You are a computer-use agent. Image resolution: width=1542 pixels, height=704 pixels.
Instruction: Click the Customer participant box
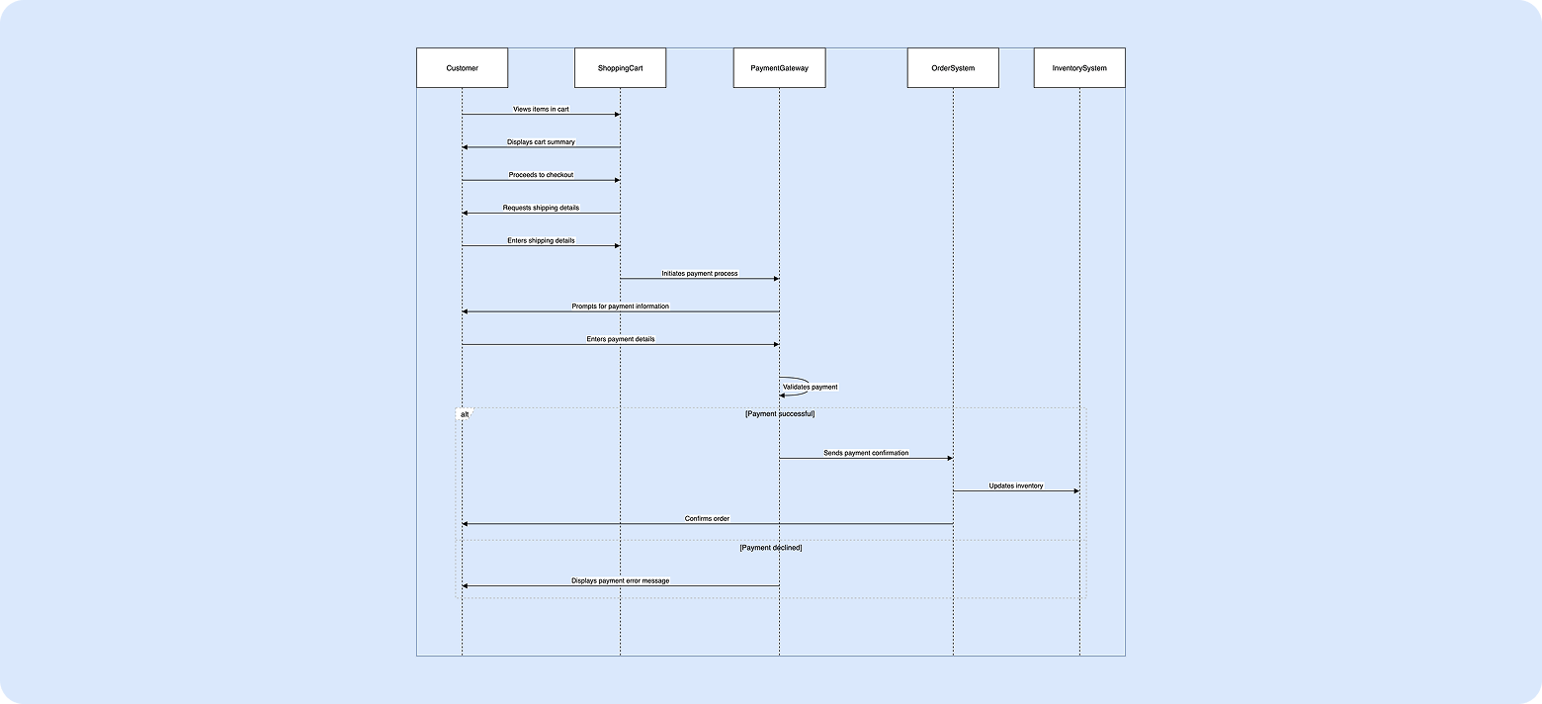[462, 68]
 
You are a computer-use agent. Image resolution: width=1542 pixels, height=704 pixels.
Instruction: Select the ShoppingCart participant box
[620, 68]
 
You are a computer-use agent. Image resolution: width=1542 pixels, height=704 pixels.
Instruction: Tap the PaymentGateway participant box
[779, 68]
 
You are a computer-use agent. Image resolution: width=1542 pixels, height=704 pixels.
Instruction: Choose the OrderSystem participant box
[953, 68]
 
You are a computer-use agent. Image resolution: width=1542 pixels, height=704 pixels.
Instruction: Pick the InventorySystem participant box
[1079, 68]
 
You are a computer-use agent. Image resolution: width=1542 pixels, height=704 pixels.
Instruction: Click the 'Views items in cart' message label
[541, 109]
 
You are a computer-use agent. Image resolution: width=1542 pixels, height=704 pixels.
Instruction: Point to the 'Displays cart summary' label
[541, 142]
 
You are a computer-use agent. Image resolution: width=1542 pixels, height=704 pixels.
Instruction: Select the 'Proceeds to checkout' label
[541, 175]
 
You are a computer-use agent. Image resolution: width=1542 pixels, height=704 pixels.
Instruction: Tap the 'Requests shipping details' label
[541, 208]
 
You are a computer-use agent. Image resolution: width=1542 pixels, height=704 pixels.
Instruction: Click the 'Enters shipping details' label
[541, 240]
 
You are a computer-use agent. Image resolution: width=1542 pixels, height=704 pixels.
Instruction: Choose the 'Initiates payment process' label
[700, 273]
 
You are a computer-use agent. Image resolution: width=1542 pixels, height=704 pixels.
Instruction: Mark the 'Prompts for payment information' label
[620, 307]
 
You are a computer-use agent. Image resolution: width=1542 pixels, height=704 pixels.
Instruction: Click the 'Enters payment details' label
[620, 339]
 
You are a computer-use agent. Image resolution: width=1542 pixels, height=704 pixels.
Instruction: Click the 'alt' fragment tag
[465, 414]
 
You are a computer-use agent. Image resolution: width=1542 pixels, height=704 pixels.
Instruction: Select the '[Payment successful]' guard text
[779, 413]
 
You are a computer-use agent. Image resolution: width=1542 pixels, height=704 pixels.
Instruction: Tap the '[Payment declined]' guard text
[770, 547]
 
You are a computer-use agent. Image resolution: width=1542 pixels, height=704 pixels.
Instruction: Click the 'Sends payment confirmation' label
[866, 453]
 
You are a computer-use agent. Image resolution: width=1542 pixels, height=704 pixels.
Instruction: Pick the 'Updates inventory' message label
[1016, 486]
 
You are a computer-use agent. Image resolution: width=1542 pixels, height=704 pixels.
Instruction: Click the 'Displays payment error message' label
[620, 580]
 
